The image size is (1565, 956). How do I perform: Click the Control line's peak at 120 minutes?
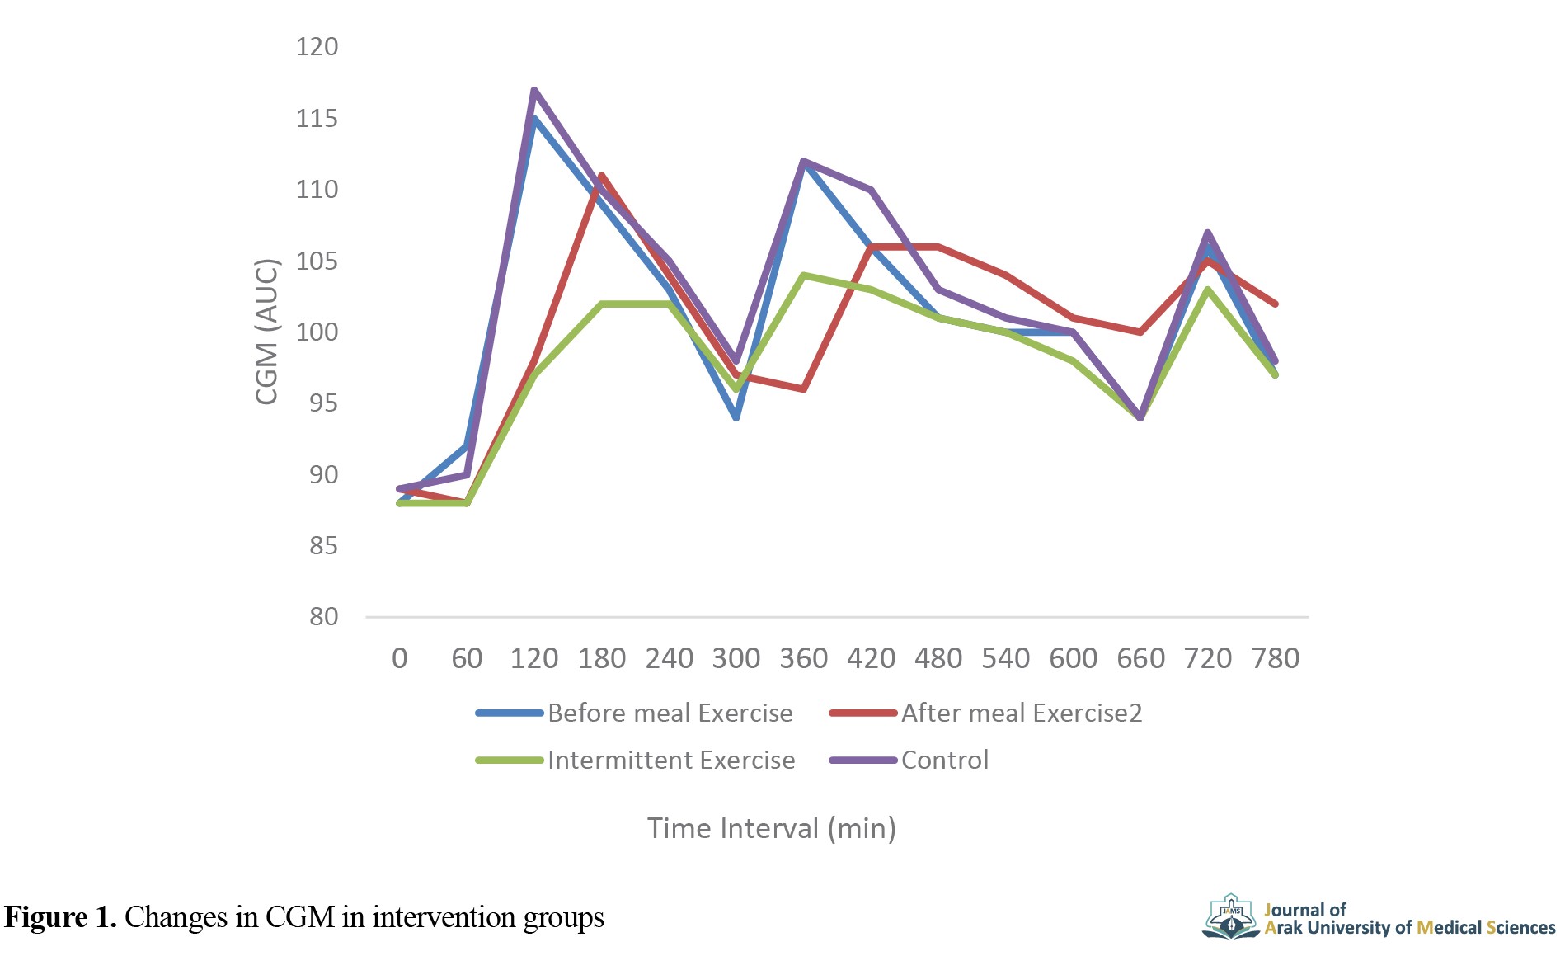point(534,90)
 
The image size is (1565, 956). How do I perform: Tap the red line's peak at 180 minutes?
point(602,175)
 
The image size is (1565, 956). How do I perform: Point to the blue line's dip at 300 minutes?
point(736,417)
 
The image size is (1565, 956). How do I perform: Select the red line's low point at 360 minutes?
point(803,389)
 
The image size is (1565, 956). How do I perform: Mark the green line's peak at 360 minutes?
point(803,275)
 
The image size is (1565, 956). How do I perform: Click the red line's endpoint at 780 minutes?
point(1276,304)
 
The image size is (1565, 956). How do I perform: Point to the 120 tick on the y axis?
point(317,47)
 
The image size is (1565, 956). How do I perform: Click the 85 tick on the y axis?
point(323,545)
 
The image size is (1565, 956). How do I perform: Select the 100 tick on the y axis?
point(317,332)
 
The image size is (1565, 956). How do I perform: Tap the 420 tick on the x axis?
point(871,658)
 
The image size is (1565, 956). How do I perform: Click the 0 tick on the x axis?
point(400,658)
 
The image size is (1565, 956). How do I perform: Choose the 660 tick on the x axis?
point(1140,658)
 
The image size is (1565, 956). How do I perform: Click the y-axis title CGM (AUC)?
point(267,332)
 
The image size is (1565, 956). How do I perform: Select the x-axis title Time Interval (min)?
point(771,828)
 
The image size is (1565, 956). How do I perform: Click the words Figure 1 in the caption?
point(60,917)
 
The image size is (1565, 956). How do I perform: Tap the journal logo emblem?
point(1230,916)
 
